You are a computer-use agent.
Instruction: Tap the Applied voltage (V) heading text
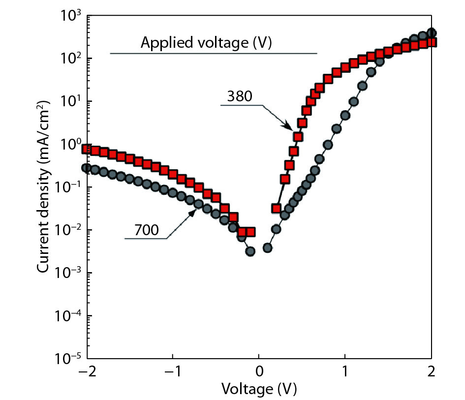pyautogui.click(x=207, y=43)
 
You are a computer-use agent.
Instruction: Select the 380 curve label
pyautogui.click(x=239, y=96)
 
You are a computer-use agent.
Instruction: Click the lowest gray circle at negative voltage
pyautogui.click(x=250, y=251)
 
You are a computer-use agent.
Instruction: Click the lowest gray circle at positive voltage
pyautogui.click(x=268, y=247)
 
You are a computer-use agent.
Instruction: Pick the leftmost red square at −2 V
pyautogui.click(x=87, y=149)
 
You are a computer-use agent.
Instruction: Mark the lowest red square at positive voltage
pyautogui.click(x=276, y=209)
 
